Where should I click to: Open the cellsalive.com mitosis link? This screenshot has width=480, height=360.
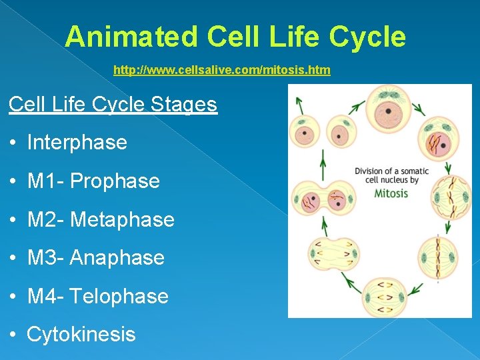221,70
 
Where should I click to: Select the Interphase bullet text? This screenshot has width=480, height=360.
77,142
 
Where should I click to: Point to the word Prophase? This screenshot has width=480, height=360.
115,181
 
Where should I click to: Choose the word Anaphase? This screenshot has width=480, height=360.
117,258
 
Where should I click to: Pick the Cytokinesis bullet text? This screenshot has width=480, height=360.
81,334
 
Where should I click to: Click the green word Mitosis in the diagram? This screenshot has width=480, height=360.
391,193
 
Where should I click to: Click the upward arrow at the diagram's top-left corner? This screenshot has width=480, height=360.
299,103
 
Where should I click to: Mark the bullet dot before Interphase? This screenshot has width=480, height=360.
14,143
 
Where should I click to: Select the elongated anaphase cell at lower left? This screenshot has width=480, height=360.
333,253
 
